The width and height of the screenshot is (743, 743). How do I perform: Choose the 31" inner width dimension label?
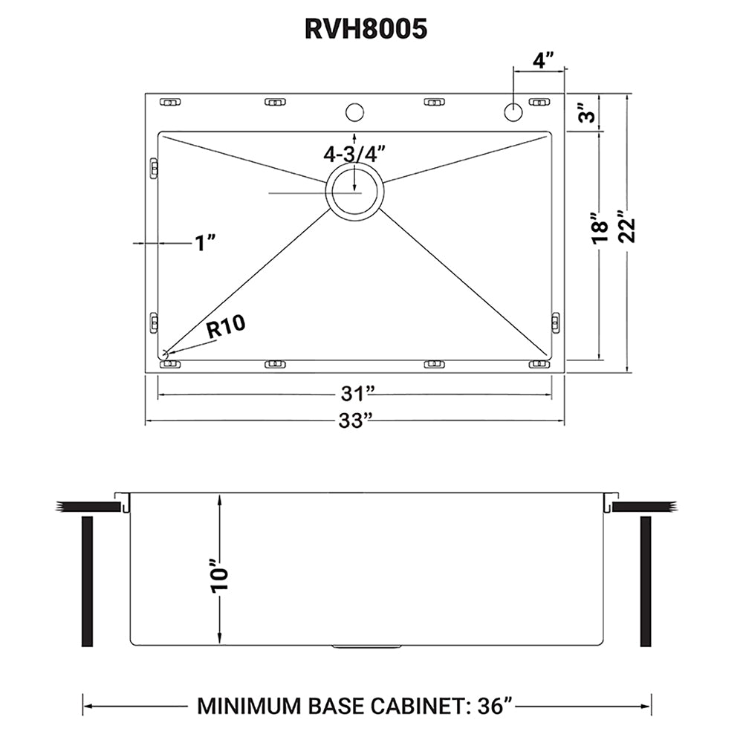point(354,393)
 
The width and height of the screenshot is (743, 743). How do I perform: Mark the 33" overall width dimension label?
point(354,421)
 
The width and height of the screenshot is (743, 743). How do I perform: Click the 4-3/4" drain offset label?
point(354,154)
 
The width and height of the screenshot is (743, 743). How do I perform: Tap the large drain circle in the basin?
point(354,192)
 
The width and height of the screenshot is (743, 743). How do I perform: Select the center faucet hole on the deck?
point(354,113)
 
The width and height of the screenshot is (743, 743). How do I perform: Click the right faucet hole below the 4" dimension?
point(513,113)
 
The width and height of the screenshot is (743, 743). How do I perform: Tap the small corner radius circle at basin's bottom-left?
point(164,354)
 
